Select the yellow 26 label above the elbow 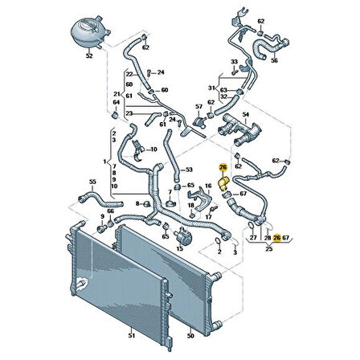223,168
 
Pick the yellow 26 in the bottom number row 277,238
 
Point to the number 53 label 189,170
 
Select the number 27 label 254,238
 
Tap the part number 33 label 234,61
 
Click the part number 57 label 198,107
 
